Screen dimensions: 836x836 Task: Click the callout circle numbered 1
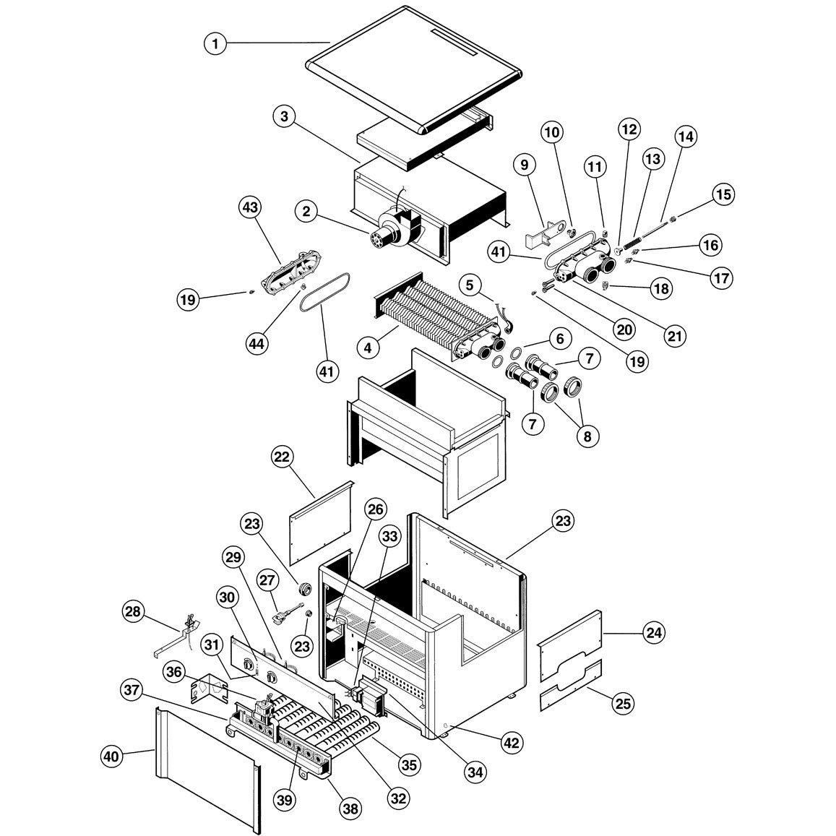[x=214, y=43]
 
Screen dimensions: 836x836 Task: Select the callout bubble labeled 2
[x=307, y=211]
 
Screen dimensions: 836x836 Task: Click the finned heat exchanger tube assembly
[x=434, y=314]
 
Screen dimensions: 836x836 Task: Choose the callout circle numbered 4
[x=369, y=348]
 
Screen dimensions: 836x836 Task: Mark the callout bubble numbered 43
[x=250, y=207]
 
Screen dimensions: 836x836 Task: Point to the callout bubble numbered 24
[x=653, y=633]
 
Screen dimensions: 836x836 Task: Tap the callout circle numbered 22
[x=283, y=457]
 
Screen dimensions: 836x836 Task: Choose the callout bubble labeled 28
[x=134, y=613]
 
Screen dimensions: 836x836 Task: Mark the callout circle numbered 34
[x=474, y=772]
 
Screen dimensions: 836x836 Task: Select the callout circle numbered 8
[x=587, y=436]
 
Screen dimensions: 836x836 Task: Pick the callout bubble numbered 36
[x=173, y=672]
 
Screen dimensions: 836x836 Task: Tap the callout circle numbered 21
[x=674, y=336]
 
